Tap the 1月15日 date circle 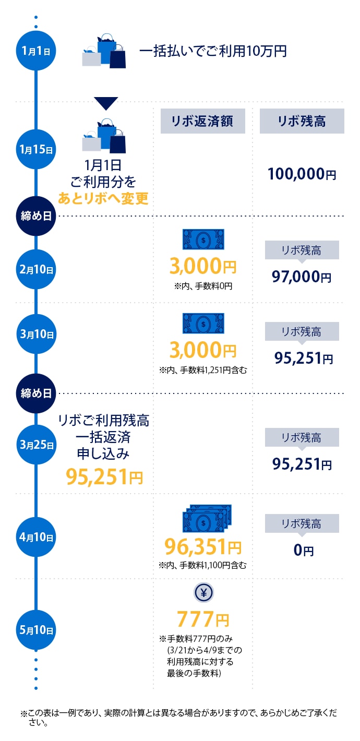pos(35,149)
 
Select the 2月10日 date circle pos(35,270)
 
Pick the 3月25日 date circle pos(35,445)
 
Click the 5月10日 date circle pos(35,630)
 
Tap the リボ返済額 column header pos(201,121)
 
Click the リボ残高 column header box pos(302,121)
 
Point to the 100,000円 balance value pos(302,174)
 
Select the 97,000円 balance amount pos(302,277)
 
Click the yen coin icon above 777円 pos(203,593)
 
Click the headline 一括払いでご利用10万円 pos(213,51)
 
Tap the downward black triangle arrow pos(106,103)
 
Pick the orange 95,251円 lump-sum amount pos(104,476)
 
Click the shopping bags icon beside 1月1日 pos(104,51)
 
